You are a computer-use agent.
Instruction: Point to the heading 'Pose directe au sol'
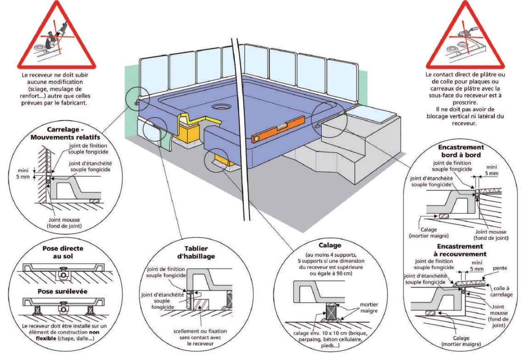63,252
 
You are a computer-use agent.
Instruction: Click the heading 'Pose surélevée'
63,291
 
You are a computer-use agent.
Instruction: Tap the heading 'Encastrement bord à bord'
461,151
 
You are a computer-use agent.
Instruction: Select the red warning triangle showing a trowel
465,37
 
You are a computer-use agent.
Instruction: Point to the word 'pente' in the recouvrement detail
500,268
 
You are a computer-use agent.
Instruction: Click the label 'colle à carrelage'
504,291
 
